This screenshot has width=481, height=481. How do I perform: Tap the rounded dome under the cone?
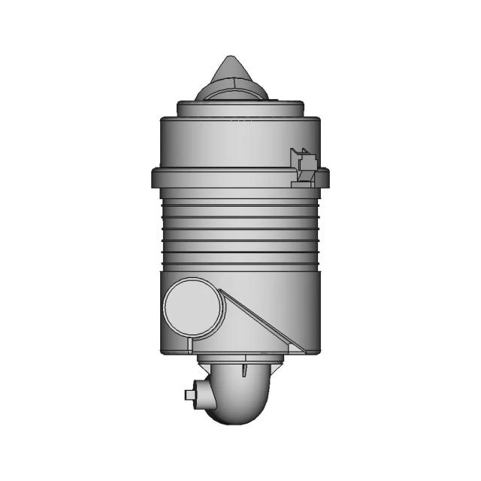pos(231,91)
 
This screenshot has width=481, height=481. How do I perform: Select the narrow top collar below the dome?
pos(240,107)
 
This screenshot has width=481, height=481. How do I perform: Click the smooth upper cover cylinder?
pos(225,143)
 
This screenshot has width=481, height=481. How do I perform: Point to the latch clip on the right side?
pos(303,165)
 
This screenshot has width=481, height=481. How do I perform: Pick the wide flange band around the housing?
pos(225,178)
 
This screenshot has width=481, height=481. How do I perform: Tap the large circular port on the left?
pos(192,309)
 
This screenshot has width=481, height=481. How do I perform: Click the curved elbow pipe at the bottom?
pos(240,398)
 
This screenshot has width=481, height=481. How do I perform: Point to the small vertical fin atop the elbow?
pos(245,369)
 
